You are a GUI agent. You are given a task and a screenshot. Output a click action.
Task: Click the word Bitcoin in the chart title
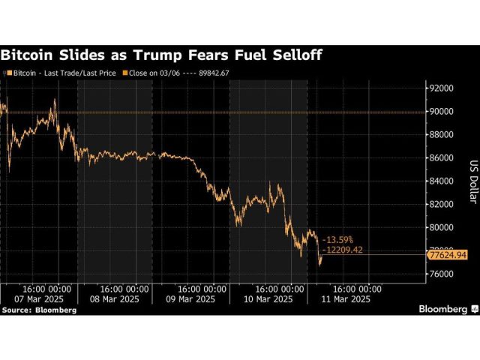point(28,55)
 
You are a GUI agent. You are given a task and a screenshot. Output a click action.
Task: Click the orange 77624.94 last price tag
point(447,255)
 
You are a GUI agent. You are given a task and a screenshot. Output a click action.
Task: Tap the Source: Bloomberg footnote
point(39,309)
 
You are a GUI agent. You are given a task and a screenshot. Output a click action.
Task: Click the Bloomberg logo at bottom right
point(443,308)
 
